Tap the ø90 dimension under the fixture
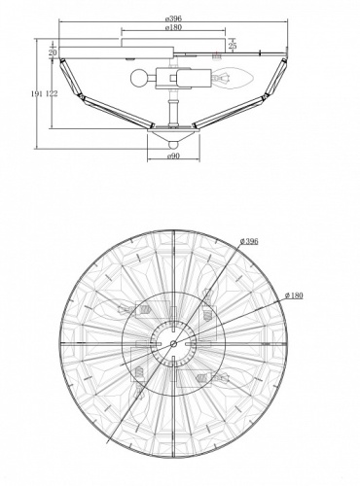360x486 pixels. click(173, 155)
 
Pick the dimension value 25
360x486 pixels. click(232, 46)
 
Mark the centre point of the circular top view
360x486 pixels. click(173, 343)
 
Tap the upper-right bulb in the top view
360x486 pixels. click(207, 296)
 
